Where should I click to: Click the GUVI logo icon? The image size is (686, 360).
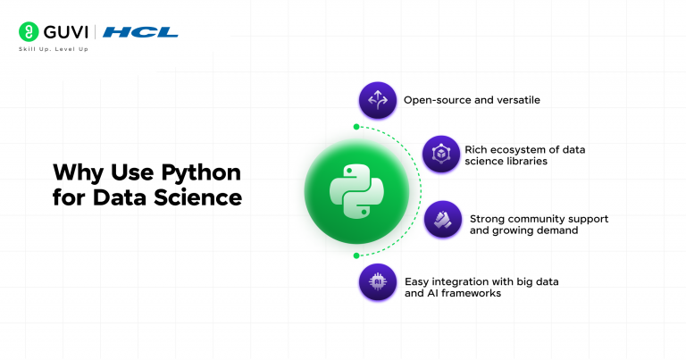point(27,32)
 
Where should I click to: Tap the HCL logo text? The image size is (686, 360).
point(140,32)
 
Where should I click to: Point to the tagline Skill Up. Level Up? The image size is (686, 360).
point(53,49)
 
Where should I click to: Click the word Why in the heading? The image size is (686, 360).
point(76,172)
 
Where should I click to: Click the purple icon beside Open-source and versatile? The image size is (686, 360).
point(378,100)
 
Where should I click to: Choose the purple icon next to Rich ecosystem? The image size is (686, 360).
point(440,155)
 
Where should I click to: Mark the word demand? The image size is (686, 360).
point(557,230)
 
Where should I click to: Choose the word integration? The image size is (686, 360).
point(466,279)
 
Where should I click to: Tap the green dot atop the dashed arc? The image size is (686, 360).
point(356,126)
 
